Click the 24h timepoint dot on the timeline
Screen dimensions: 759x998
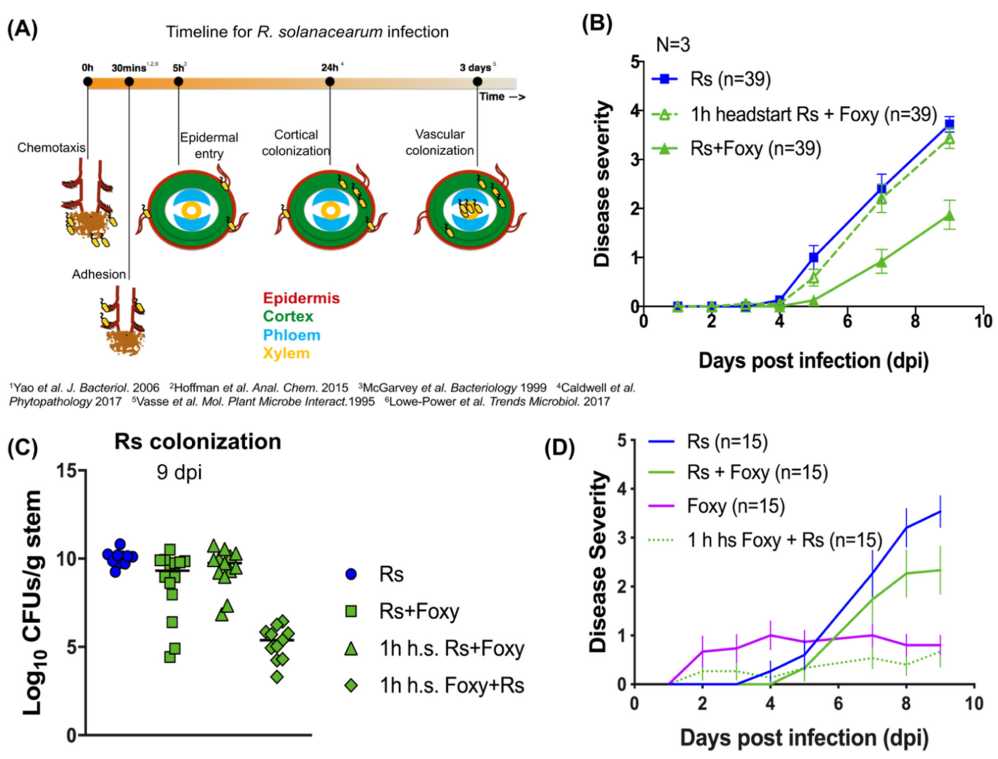(x=330, y=82)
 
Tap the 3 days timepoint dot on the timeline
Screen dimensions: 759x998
(x=477, y=82)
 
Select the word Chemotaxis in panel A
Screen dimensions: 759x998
(x=51, y=148)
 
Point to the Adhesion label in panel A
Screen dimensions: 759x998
(x=99, y=274)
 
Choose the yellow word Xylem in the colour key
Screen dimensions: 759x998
(x=286, y=353)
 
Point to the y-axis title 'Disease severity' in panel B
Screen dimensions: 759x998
(x=602, y=184)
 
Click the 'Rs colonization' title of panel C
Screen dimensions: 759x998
(x=198, y=441)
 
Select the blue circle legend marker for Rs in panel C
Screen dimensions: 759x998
(x=351, y=575)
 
